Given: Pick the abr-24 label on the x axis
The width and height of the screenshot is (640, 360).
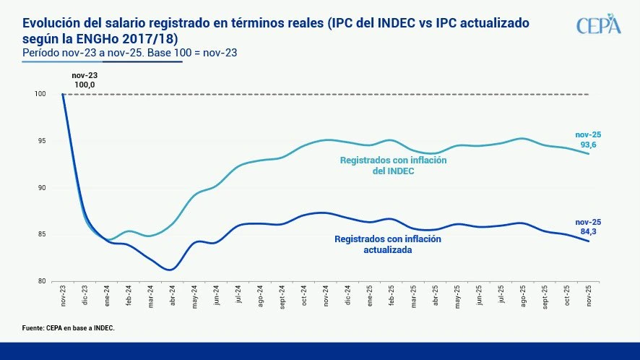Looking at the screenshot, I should [173, 299].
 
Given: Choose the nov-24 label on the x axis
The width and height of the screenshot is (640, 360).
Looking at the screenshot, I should [327, 299].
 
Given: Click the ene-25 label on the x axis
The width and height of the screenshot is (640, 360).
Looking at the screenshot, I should [371, 299].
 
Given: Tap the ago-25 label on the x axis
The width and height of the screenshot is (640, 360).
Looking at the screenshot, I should [524, 299].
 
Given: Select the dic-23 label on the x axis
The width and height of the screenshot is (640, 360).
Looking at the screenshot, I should [85, 299].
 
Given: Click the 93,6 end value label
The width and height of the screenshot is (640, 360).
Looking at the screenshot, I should [588, 145].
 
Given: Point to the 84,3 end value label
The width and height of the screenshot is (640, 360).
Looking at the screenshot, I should [588, 232].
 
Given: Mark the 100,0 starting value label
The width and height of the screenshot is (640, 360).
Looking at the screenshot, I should [85, 85].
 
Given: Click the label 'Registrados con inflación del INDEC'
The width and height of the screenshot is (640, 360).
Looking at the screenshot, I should [393, 166].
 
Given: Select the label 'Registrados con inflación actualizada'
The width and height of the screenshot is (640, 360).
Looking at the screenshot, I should [388, 244].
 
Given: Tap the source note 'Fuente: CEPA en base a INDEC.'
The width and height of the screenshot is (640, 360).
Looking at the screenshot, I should [68, 328].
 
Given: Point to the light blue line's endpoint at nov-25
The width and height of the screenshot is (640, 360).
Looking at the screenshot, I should [589, 154].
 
